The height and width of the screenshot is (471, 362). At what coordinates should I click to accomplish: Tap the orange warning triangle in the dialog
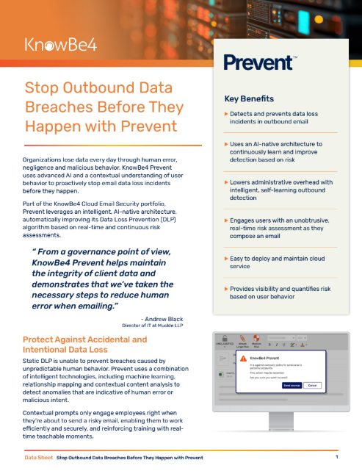[243, 358]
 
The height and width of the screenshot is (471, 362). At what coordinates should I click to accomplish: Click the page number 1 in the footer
[336, 457]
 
